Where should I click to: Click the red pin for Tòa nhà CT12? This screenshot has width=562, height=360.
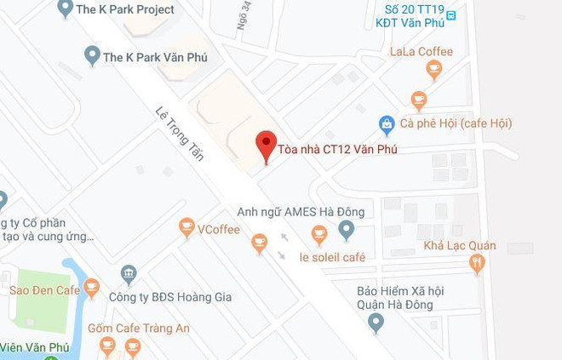pos(267,145)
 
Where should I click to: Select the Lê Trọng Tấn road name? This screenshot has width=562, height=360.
pos(180,133)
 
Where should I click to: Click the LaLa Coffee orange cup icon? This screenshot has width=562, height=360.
pos(434,70)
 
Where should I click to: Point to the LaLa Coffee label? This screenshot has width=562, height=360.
pos(422,52)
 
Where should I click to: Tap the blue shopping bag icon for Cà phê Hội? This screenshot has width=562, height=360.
pos(387,124)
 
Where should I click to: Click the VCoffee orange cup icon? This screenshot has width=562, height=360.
pos(186,227)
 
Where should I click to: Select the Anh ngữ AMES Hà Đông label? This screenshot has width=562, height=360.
pos(301,212)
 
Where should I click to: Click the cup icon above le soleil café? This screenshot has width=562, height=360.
pos(319,234)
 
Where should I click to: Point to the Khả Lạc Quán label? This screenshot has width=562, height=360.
pos(460,247)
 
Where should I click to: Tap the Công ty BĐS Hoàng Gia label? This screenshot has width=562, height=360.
pos(170,297)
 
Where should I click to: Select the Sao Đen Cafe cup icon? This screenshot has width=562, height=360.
pos(91,289)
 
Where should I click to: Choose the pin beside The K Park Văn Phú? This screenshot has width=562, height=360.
pos(93,56)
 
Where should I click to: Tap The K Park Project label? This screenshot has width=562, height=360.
pos(125,9)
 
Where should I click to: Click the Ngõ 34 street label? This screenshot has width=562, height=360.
pos(244,15)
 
